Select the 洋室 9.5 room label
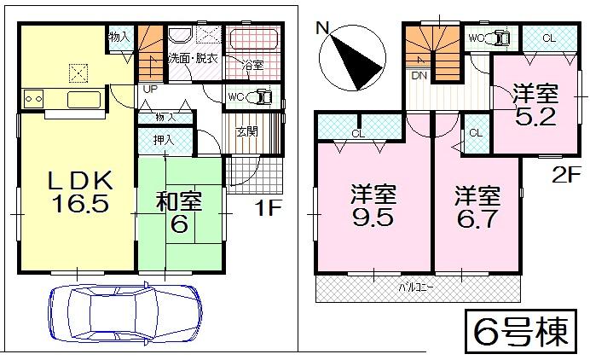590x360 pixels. click(373, 204)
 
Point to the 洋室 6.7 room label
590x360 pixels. click(476, 204)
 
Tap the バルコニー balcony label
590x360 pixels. click(417, 287)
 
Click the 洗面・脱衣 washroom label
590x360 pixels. click(193, 58)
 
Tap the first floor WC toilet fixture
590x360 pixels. click(263, 96)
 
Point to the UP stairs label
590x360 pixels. click(148, 88)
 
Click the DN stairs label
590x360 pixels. click(419, 75)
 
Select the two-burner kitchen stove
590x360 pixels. click(35, 98)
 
